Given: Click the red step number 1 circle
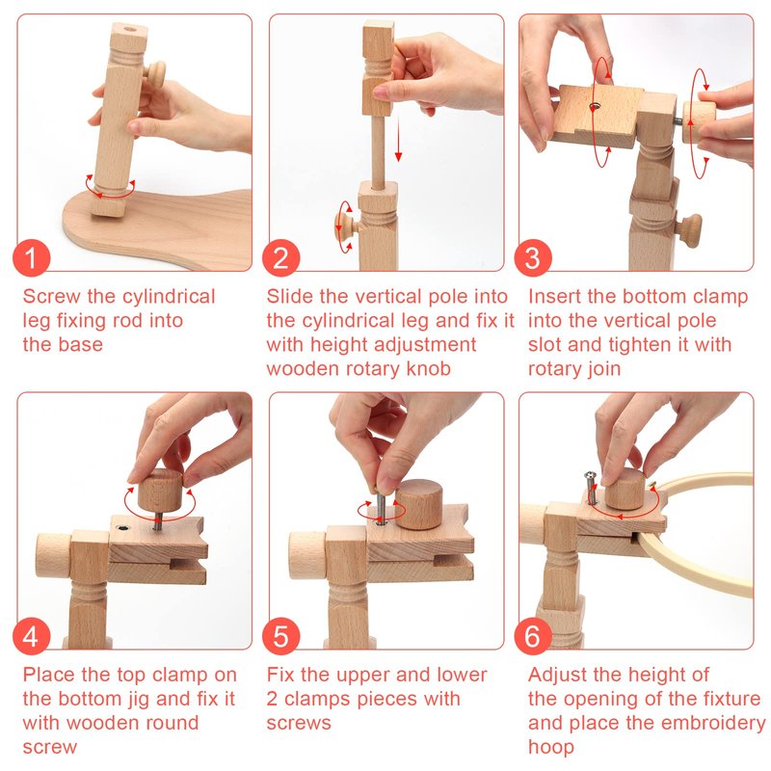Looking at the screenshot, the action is (32, 258).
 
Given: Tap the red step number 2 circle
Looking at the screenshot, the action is (280, 258).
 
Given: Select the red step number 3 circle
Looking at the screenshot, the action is (533, 258).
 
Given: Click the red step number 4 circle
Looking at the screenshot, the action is (32, 636).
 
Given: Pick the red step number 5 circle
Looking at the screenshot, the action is (280, 636).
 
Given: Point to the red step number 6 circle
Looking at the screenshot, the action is (533, 636).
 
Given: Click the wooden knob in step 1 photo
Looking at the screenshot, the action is (155, 73).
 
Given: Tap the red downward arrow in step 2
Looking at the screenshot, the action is (398, 139).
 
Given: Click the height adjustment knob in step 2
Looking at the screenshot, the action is (347, 226).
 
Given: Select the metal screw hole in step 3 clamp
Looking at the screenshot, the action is (596, 106).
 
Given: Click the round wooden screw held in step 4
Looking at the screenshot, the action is (160, 491).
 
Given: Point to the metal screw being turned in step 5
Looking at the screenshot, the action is (380, 509).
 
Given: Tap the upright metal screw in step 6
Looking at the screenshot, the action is (591, 488).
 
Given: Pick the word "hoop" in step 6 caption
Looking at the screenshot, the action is (550, 747).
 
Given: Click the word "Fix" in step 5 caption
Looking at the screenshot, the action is (280, 674).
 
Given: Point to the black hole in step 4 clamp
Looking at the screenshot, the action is (122, 528).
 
